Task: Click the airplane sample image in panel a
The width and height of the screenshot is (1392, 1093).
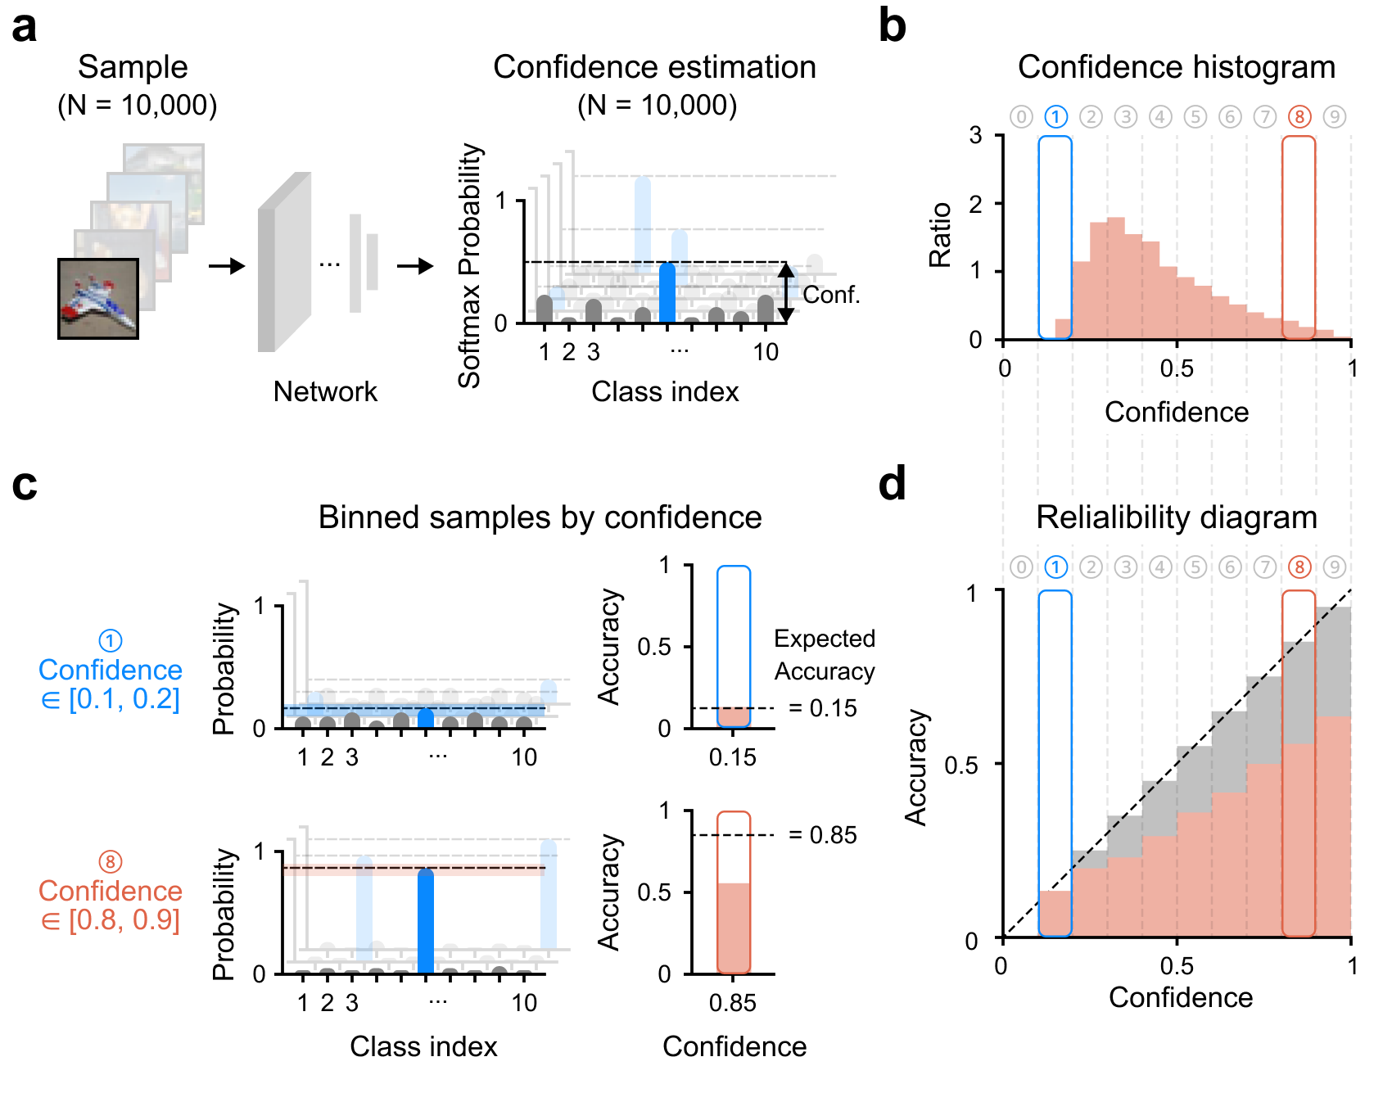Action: [98, 299]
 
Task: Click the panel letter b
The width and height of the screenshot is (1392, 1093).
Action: [892, 26]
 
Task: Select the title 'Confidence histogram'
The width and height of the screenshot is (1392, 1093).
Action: [1176, 67]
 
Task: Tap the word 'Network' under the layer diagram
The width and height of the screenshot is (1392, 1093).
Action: [325, 391]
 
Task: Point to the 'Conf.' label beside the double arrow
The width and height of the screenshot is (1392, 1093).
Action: [831, 295]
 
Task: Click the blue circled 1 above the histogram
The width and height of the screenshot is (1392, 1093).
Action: [1056, 117]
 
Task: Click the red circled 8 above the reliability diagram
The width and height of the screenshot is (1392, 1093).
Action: [1299, 567]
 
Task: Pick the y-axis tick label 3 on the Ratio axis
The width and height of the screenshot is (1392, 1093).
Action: [975, 135]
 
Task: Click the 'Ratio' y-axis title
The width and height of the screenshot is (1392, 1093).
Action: [940, 235]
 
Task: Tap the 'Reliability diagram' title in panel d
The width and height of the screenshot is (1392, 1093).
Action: [1176, 517]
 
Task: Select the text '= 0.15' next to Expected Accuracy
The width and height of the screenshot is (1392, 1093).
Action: [822, 708]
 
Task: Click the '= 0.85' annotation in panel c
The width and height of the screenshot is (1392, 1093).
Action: [822, 835]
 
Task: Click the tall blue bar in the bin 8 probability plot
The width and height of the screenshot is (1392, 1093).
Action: [426, 921]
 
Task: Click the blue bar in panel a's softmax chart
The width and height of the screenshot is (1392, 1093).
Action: [667, 293]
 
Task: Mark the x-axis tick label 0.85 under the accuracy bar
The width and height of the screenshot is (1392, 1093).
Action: [733, 1003]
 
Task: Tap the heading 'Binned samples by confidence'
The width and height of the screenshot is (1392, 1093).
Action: [540, 517]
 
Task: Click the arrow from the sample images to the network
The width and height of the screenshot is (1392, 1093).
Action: [227, 266]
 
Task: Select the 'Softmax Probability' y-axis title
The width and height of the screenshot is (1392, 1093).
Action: [469, 265]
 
